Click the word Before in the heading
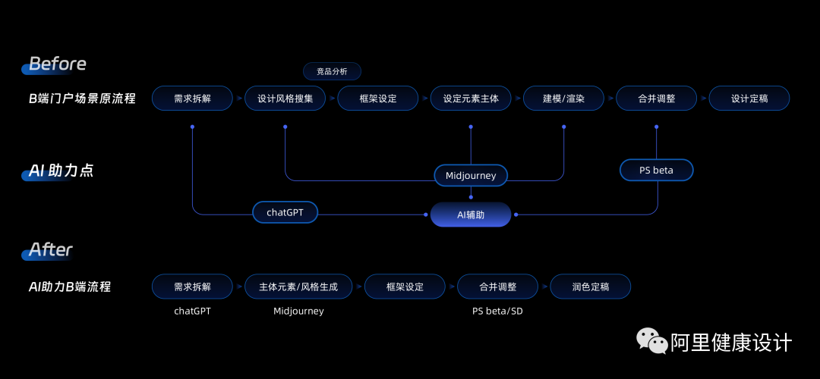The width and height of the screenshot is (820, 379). coord(58,64)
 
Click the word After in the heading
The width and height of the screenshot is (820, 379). coord(51,249)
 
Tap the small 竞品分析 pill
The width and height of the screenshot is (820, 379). coord(332,71)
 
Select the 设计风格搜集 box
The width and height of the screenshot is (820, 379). coord(285,99)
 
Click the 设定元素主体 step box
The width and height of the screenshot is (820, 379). coord(471,99)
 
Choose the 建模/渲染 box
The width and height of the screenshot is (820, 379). coord(563,99)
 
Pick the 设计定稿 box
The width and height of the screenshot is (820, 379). coord(749,99)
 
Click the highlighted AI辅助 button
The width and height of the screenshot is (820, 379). coord(471,215)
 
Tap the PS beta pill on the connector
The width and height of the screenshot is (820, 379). coord(657,171)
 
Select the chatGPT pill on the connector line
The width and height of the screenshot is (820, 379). coord(285,212)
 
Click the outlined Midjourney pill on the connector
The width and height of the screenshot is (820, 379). coord(471,176)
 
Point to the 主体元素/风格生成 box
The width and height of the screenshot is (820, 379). coord(298,287)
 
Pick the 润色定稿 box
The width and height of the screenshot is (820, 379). coord(590,287)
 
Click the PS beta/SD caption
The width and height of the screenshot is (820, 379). coord(497,311)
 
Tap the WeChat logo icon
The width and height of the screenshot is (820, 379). coord(651,341)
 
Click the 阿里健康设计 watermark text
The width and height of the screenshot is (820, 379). coord(730,343)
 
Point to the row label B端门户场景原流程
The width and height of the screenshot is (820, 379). coord(82,99)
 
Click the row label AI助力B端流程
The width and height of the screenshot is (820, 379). coord(70,287)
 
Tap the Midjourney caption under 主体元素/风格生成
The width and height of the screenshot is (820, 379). coord(298,311)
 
